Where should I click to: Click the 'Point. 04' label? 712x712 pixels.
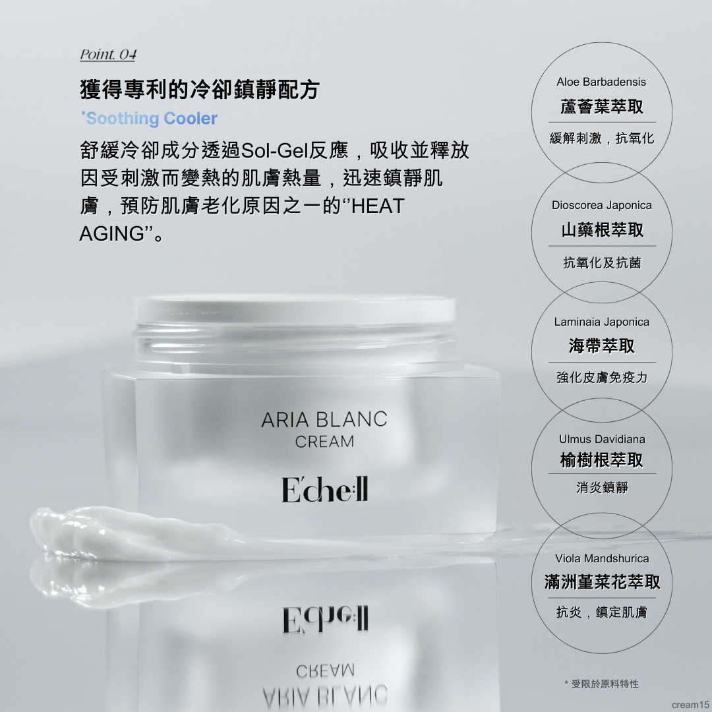click(x=108, y=55)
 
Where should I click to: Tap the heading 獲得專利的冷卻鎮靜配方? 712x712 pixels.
click(x=200, y=89)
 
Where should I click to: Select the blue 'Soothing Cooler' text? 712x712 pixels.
click(x=150, y=118)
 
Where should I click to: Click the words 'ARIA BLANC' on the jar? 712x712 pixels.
click(x=324, y=419)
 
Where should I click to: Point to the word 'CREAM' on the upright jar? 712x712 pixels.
click(x=324, y=441)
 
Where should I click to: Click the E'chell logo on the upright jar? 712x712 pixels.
click(x=324, y=489)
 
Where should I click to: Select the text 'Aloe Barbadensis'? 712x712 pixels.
click(x=601, y=82)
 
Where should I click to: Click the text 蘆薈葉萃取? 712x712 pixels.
click(x=602, y=107)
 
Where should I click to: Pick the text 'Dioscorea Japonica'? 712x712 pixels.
click(x=602, y=205)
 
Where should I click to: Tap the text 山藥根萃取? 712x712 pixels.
click(x=602, y=230)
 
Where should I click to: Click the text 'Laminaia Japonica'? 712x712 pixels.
click(x=602, y=322)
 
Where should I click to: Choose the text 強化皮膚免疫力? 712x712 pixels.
click(x=602, y=377)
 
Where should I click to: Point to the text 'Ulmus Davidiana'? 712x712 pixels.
click(x=602, y=439)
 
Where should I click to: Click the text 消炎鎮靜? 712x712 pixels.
click(x=602, y=488)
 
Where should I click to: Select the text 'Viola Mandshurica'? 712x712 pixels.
click(x=602, y=558)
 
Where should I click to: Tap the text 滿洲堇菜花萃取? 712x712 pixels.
click(x=602, y=582)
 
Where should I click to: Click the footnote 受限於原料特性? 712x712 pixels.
click(x=605, y=684)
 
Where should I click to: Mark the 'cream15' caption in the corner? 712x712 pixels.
click(x=690, y=705)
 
